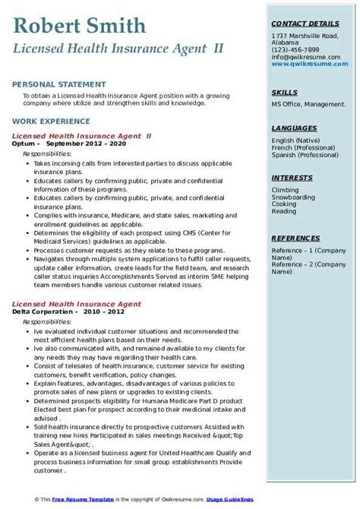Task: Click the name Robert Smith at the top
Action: coord(80,27)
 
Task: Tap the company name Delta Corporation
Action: coord(43,310)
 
